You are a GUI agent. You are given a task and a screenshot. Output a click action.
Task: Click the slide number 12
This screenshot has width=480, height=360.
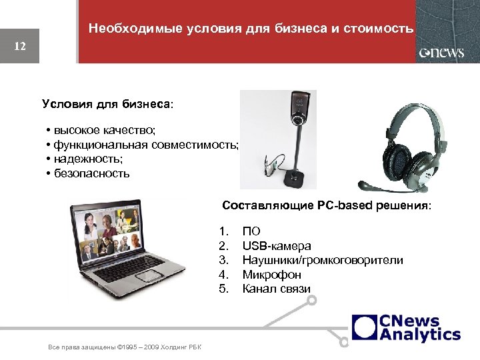(20, 47)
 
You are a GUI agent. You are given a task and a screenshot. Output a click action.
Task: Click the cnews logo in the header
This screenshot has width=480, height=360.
(441, 53)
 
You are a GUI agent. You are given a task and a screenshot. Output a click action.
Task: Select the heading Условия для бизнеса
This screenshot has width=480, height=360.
(107, 104)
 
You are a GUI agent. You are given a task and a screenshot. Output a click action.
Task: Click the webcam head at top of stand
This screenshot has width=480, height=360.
(297, 107)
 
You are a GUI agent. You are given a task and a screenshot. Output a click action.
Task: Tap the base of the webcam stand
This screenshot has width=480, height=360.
(295, 179)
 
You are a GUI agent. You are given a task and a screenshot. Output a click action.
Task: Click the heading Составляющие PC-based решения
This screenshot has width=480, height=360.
(327, 205)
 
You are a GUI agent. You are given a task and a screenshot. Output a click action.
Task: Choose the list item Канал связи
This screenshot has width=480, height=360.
(276, 289)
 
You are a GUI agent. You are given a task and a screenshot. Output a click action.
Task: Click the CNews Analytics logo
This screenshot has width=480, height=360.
(406, 328)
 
